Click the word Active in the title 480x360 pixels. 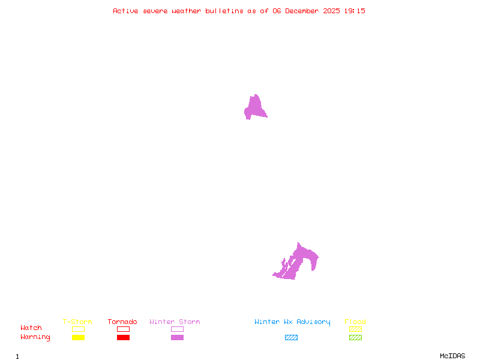tap(126, 11)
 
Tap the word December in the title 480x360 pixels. tap(305, 11)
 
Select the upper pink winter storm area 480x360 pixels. tap(255, 108)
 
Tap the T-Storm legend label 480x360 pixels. tap(77, 322)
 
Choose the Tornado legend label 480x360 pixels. tap(122, 322)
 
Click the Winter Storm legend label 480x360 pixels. tap(175, 322)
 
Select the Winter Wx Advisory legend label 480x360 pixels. tap(292, 322)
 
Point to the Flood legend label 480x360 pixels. tap(355, 322)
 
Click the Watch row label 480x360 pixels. tap(31, 328)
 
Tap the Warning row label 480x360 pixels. tap(35, 337)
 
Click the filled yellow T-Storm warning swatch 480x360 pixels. tap(78, 338)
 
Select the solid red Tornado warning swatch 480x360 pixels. tap(123, 338)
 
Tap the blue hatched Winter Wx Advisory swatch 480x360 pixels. tap(291, 338)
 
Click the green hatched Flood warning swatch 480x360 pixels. tap(355, 338)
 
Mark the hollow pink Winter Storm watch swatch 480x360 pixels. tap(177, 329)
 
